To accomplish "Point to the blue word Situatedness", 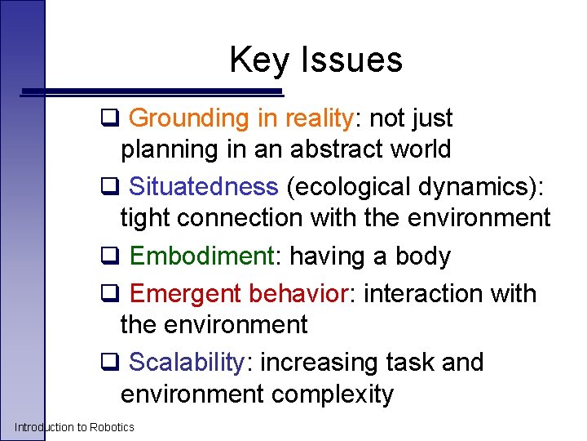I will pyautogui.click(x=203, y=187).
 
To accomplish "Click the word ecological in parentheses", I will pyautogui.click(x=351, y=187).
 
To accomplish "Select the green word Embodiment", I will pyautogui.click(x=200, y=256).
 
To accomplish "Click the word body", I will pyautogui.click(x=422, y=256).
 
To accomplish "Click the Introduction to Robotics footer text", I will pyautogui.click(x=74, y=427).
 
